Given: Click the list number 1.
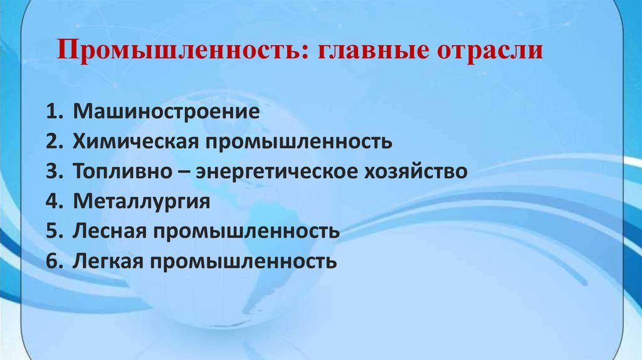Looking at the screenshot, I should (53, 113).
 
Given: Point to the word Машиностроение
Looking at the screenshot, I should (166, 113).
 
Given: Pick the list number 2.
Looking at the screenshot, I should (53, 142).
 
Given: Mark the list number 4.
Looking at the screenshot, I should (53, 201).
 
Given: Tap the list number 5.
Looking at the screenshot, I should (53, 231).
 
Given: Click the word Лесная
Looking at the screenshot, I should (109, 231).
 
